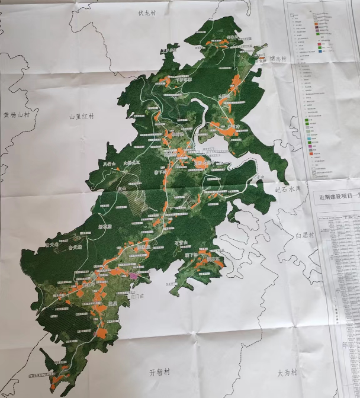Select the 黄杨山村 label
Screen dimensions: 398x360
16,115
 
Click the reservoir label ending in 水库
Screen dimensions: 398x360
288,189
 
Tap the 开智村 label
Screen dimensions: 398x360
159,372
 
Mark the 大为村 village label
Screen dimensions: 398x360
288,374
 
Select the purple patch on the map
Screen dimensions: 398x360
134,275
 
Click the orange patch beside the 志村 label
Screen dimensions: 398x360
259,58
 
